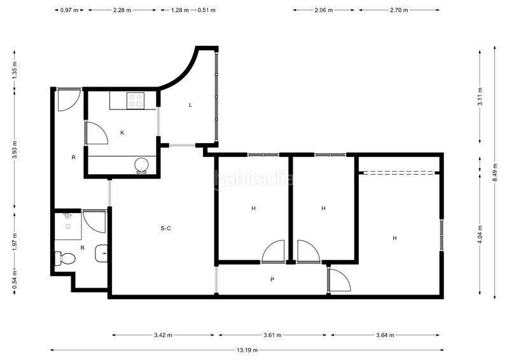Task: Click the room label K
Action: point(122,133)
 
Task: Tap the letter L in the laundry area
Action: point(190,106)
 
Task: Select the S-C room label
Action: point(165,228)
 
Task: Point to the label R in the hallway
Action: point(74,156)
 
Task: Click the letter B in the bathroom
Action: point(82,247)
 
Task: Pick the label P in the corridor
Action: point(272,279)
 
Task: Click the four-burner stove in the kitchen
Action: point(136,100)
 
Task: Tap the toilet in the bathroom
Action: point(65,258)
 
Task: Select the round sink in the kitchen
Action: point(141,165)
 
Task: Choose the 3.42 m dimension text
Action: point(164,335)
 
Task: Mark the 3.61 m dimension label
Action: point(272,335)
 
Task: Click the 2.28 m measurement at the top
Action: point(122,11)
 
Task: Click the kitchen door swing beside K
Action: point(96,134)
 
